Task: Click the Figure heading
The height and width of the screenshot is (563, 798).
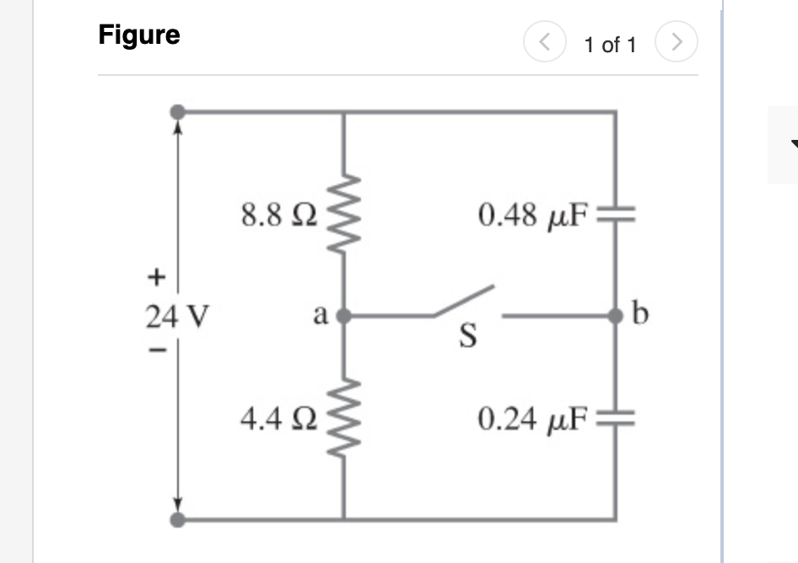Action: point(139,35)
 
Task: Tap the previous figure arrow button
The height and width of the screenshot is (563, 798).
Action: point(541,41)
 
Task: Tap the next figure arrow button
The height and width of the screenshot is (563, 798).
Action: point(680,41)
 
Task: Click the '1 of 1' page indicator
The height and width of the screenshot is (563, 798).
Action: point(610,45)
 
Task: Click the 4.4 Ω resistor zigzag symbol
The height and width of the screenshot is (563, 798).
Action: point(345,417)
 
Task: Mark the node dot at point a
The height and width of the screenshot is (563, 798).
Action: point(344,317)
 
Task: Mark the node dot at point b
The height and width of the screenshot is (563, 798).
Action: point(616,316)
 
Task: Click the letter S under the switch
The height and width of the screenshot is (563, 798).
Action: point(466,338)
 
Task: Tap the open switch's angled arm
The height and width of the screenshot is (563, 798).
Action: point(464,303)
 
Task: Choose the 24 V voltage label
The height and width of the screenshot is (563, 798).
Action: point(177,317)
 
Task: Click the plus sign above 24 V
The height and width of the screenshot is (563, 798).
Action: point(155,276)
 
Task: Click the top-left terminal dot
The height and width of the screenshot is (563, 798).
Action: point(177,111)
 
